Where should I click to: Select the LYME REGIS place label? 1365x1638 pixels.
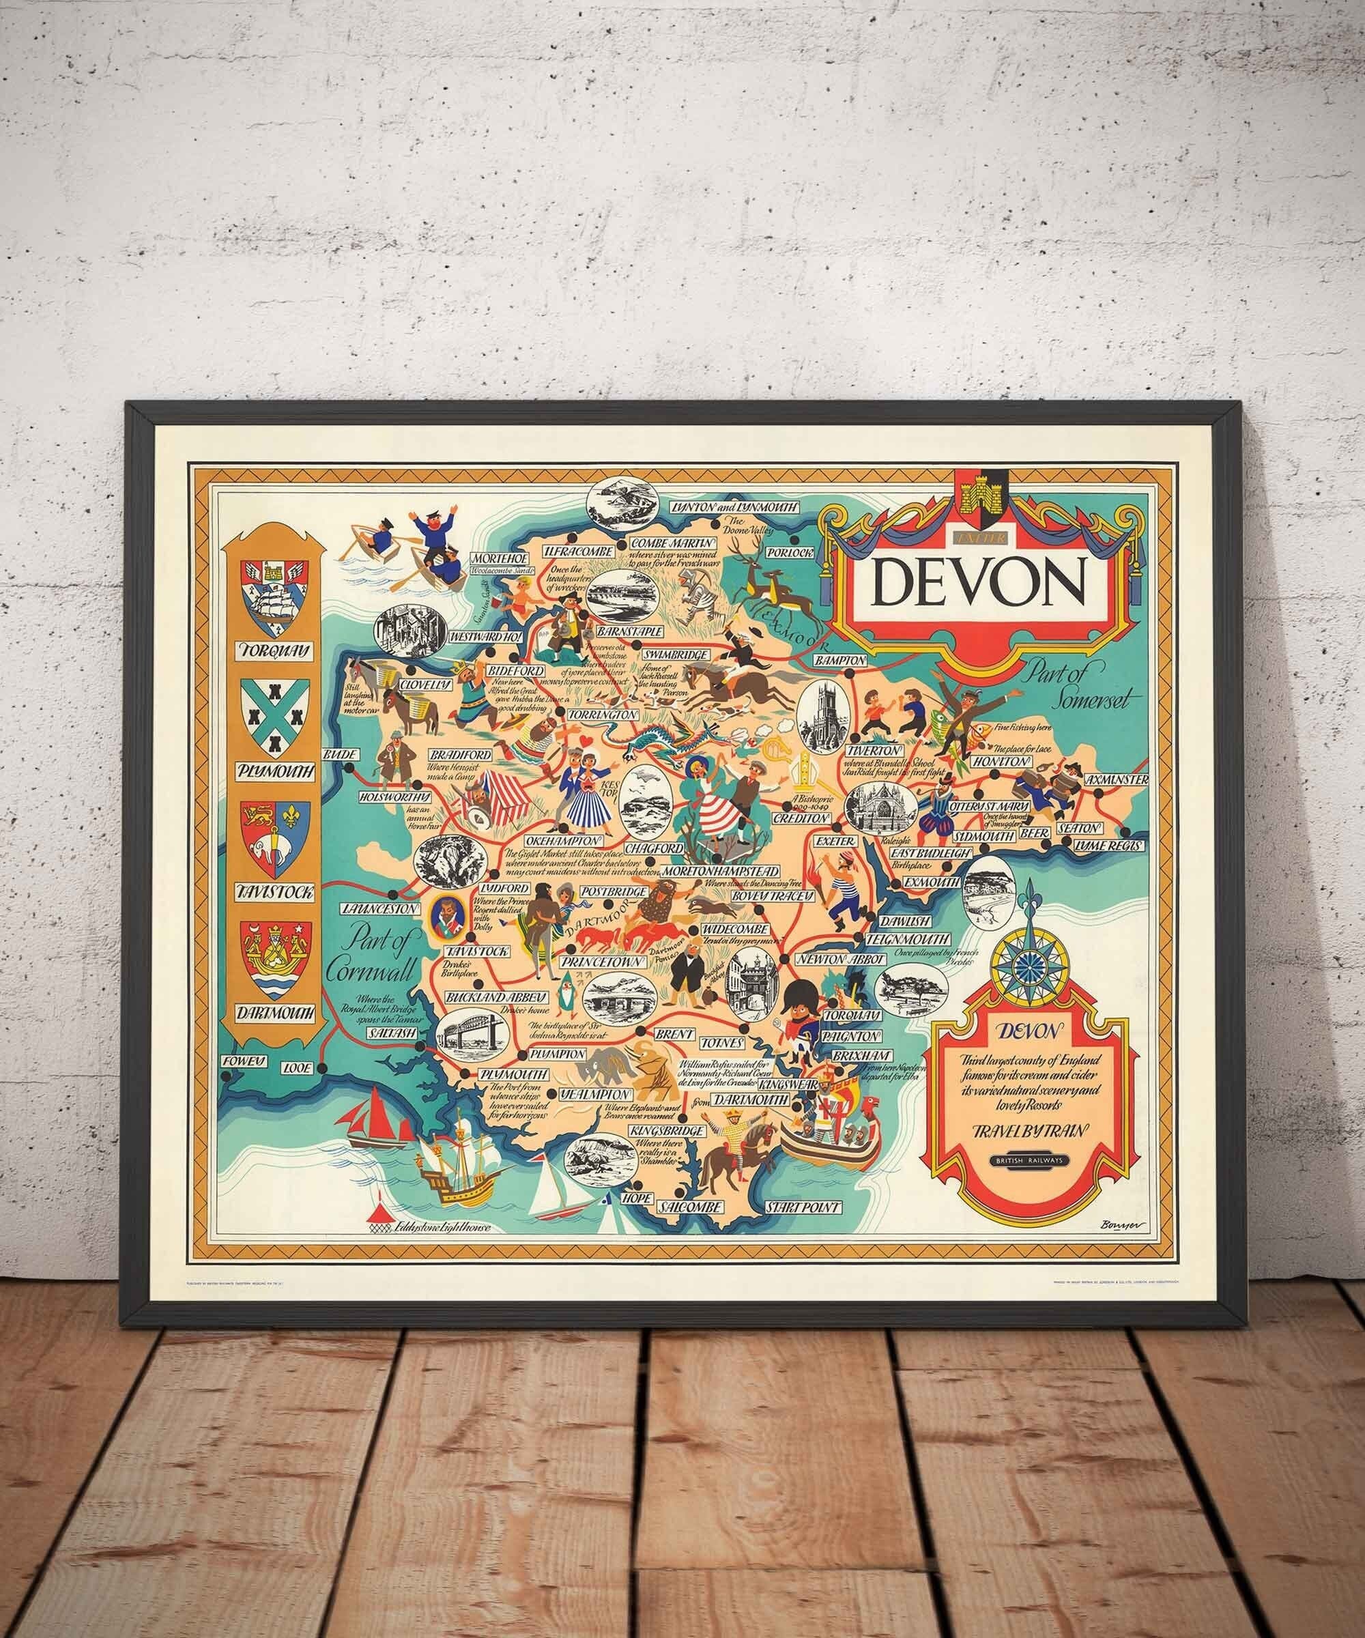click(1116, 845)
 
